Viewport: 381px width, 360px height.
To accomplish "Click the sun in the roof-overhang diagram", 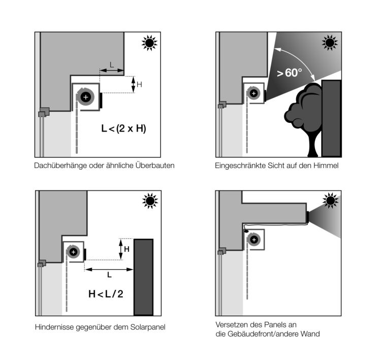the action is (x=149, y=43).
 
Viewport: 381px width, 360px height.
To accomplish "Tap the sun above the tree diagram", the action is (x=330, y=43).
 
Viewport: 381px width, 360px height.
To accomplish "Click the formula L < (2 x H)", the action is (x=123, y=128).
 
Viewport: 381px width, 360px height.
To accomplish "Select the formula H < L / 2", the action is (x=106, y=294).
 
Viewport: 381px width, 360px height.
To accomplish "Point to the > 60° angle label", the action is (x=290, y=73).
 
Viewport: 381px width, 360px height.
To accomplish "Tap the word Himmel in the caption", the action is (x=326, y=166).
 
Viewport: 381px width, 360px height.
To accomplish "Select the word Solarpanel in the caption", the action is (x=148, y=327).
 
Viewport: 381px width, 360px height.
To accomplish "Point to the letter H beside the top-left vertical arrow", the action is (x=139, y=84).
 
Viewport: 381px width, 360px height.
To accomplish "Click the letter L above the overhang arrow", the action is (x=112, y=65).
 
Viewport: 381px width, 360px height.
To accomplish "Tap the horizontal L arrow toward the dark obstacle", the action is (x=109, y=270).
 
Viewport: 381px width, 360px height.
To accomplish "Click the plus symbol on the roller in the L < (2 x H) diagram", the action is (x=85, y=97).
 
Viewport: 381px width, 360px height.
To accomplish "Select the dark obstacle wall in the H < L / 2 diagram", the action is (x=144, y=277).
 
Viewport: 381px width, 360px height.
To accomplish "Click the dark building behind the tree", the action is (x=331, y=118).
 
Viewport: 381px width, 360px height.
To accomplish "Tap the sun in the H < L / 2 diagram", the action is (x=150, y=201).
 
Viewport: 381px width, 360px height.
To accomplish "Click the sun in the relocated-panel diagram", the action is (x=331, y=201).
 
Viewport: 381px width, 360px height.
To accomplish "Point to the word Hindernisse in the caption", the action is (x=54, y=327).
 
